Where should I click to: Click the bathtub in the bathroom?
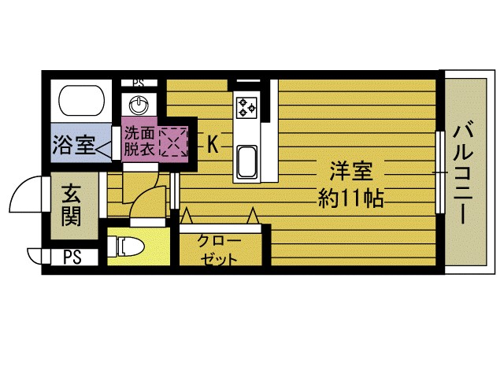(83, 101)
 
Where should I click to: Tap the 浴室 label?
(73, 145)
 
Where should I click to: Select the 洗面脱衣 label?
(139, 141)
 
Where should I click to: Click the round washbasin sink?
(140, 105)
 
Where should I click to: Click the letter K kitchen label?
(213, 143)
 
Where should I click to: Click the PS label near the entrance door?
(72, 257)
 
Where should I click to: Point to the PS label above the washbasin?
(139, 81)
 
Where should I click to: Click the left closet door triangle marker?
(187, 215)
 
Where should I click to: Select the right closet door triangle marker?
(253, 215)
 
